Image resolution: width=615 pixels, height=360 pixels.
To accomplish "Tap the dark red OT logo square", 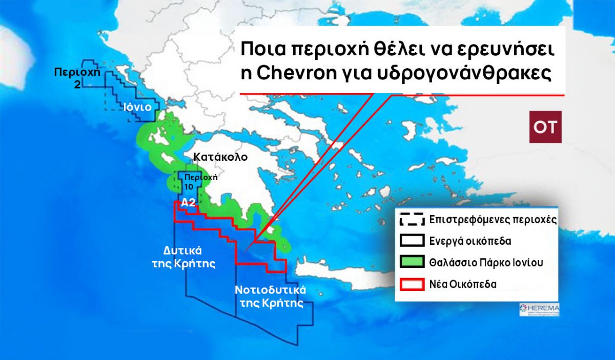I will (x=545, y=127).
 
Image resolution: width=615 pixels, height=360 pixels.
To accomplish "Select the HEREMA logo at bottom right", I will (x=539, y=309).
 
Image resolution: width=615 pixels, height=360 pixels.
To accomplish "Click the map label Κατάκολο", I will (x=220, y=157).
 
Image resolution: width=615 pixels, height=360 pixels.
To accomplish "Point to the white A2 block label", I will (x=188, y=202).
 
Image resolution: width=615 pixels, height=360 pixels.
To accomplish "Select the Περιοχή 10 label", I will (x=198, y=182).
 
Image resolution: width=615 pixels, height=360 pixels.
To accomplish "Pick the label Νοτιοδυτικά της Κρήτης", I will (x=271, y=296).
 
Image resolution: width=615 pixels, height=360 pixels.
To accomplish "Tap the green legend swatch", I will (x=411, y=263).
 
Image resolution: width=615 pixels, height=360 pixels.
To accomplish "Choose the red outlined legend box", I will (x=411, y=284).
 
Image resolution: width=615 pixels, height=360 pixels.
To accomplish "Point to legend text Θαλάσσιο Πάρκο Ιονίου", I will (x=486, y=263).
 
